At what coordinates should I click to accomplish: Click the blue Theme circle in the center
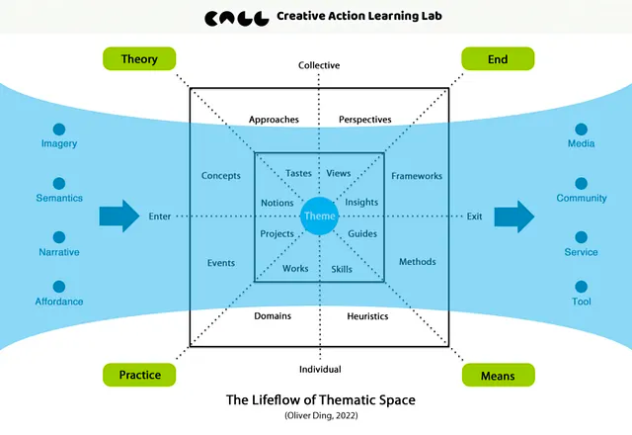[319, 216]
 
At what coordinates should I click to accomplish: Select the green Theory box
[139, 59]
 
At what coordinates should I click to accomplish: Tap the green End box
[498, 59]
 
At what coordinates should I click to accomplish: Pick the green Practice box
[139, 375]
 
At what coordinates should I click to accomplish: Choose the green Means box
[498, 375]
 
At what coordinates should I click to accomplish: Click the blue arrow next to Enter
[118, 216]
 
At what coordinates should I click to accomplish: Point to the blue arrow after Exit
[513, 216]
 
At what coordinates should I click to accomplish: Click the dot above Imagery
[59, 129]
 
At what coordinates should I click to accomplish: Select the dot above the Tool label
[582, 287]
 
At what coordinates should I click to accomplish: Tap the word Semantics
[59, 198]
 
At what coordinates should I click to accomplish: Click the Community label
[582, 198]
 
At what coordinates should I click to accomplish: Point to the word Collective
[319, 65]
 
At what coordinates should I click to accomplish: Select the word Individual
[319, 369]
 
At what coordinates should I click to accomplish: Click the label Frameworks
[417, 176]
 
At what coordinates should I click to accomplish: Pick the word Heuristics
[367, 316]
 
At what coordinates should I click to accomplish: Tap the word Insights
[362, 203]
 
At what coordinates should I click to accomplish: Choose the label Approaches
[274, 120]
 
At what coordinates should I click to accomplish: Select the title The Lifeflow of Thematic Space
[319, 400]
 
